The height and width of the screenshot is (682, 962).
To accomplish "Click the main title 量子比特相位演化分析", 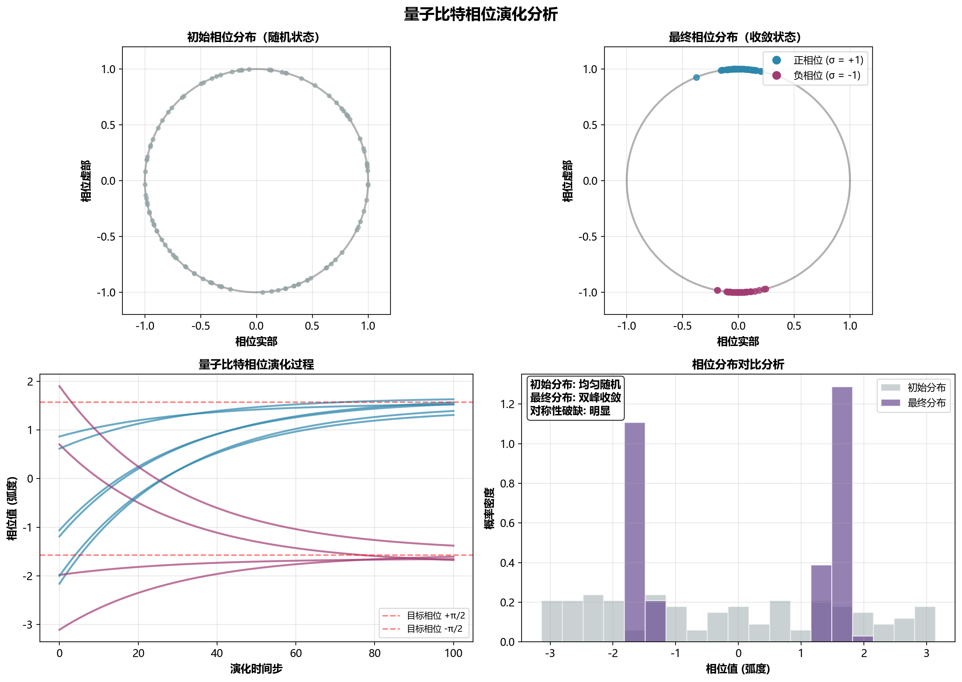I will point(481,14).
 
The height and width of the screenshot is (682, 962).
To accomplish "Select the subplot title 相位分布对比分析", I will point(738,364).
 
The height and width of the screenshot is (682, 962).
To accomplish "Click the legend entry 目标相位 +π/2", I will point(436,616).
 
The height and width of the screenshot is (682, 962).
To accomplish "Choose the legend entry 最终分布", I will point(926,403).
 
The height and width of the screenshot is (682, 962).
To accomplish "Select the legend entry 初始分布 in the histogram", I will point(926,387).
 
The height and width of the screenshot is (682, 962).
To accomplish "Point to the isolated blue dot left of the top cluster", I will point(696,77).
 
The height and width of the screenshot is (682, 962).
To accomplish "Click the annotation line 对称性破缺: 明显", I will point(570,411).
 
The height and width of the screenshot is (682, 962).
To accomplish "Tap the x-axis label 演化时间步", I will point(256,668).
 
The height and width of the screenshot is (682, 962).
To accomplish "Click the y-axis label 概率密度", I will point(489,508).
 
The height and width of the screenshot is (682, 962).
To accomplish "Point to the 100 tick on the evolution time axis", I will point(453,653).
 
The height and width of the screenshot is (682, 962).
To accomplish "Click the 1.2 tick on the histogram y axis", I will point(507,404).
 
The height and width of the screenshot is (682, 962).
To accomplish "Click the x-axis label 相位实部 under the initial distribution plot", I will point(256,342).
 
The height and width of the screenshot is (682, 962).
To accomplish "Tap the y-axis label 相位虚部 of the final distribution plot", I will point(568,181).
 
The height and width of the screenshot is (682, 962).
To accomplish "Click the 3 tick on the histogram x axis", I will point(926,653).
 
